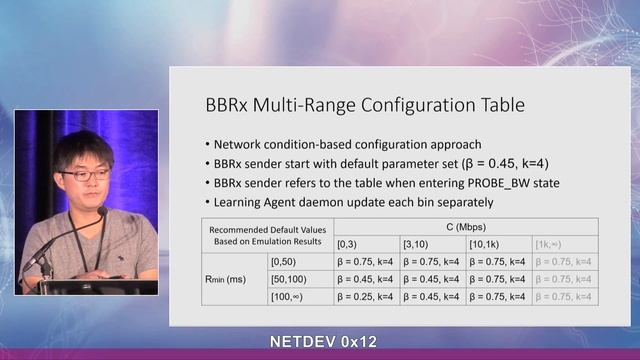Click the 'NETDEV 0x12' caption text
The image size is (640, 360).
tap(323, 342)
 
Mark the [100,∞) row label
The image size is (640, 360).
tap(291, 296)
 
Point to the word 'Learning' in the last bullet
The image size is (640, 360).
tap(240, 202)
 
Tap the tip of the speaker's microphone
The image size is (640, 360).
tap(103, 211)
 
